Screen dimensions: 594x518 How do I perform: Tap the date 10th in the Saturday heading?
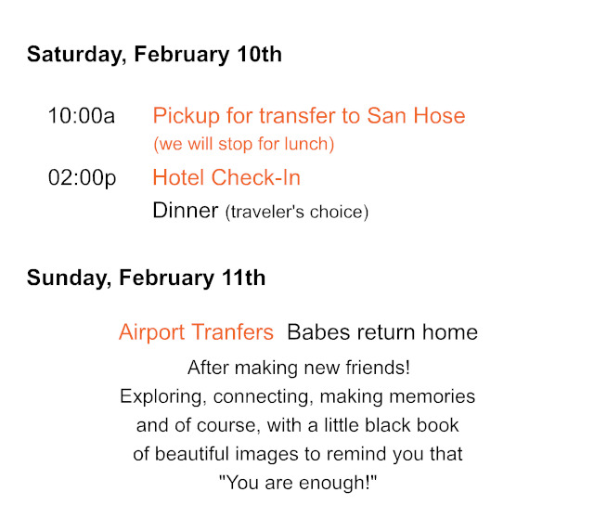pos(260,54)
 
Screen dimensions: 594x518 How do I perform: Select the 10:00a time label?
pos(82,115)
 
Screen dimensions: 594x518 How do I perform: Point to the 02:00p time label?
pos(83,177)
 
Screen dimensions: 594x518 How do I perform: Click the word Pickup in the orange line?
pos(187,116)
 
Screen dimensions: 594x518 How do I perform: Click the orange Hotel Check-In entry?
pos(226,177)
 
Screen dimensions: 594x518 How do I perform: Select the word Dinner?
pos(186,211)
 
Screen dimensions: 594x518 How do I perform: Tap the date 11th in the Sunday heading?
pos(243,278)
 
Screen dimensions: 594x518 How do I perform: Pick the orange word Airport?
pos(151,332)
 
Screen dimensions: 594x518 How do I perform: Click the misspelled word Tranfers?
pos(233,332)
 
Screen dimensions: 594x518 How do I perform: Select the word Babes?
pos(318,332)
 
